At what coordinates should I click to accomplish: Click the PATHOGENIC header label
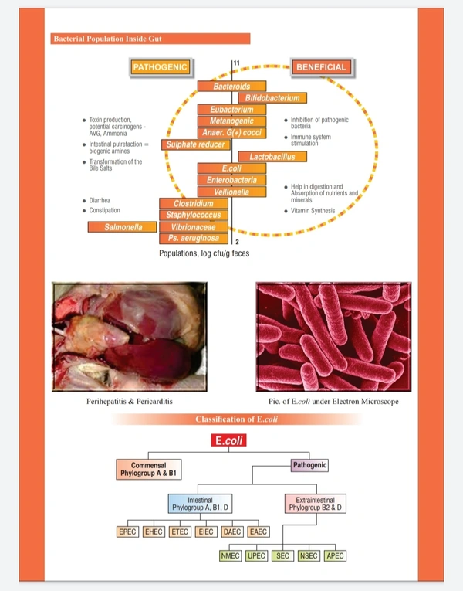(160, 67)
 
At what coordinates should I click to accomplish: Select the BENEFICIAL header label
(321, 67)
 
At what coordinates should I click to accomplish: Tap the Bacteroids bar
(231, 86)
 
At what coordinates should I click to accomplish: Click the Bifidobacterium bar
(272, 98)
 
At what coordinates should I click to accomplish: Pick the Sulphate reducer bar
(195, 144)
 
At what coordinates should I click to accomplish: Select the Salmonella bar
(120, 227)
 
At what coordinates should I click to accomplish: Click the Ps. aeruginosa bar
(194, 239)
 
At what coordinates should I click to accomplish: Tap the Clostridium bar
(193, 203)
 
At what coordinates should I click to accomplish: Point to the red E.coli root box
(231, 440)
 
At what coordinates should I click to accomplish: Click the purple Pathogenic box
(309, 465)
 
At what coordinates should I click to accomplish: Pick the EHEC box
(154, 532)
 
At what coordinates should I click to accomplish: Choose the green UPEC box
(256, 555)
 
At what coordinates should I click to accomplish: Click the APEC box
(335, 555)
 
